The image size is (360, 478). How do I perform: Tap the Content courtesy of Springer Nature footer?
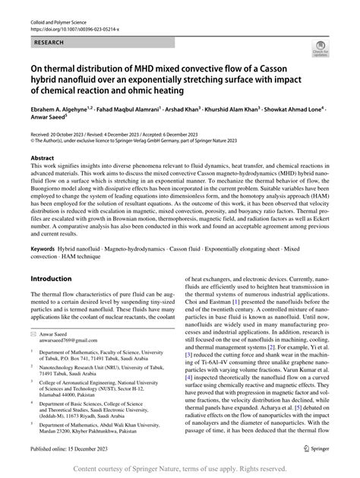tap(179, 469)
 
